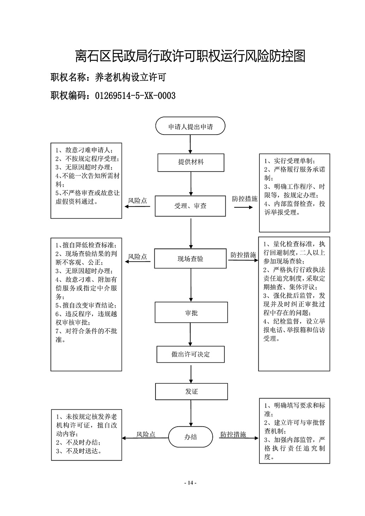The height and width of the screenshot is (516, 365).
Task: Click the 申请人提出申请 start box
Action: click(x=190, y=126)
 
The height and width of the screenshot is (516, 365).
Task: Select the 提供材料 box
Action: click(x=191, y=162)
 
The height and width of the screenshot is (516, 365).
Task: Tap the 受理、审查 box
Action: click(x=190, y=206)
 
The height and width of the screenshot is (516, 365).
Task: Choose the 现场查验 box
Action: click(x=190, y=259)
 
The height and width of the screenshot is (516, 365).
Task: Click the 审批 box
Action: click(x=191, y=312)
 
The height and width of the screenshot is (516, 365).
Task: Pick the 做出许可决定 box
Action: click(x=190, y=354)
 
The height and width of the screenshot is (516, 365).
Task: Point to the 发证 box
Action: click(x=192, y=392)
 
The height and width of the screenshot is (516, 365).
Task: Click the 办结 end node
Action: click(x=190, y=437)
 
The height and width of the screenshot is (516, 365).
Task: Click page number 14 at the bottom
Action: click(x=190, y=483)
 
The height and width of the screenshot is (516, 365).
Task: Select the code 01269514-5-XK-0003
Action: click(x=135, y=96)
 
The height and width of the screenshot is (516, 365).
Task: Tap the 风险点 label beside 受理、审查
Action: click(x=137, y=201)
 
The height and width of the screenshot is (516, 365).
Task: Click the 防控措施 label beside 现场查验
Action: click(x=243, y=255)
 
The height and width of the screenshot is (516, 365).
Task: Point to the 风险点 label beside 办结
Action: click(x=146, y=434)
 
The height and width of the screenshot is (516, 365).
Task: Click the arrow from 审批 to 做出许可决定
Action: click(x=190, y=334)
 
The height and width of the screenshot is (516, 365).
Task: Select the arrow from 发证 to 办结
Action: click(x=191, y=413)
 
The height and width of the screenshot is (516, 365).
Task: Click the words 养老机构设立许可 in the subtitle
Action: click(x=130, y=77)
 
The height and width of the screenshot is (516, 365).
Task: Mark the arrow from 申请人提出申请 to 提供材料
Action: click(x=190, y=144)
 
